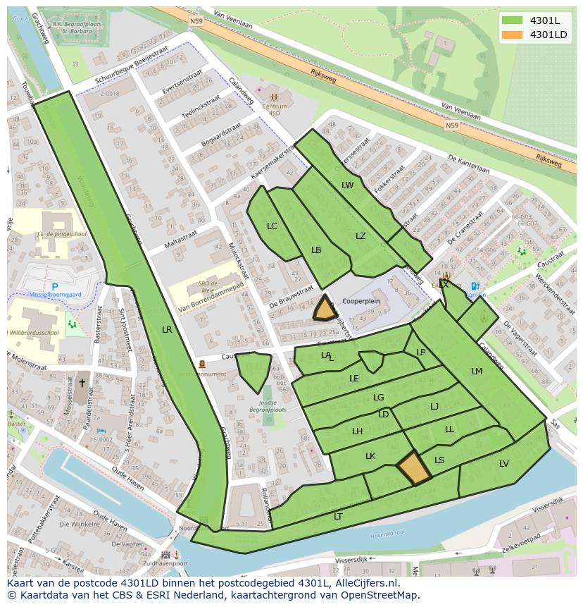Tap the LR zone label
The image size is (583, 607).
[x=167, y=329]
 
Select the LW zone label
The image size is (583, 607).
[x=347, y=185]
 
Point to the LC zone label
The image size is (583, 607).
[x=272, y=226]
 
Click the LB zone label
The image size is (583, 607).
[x=316, y=250]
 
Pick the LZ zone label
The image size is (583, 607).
[x=361, y=236]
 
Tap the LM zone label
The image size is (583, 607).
[x=477, y=372]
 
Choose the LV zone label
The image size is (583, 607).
[x=504, y=463]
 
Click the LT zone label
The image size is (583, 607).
[x=338, y=516]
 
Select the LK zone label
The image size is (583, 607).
[x=370, y=456]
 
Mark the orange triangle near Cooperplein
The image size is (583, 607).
[x=325, y=309]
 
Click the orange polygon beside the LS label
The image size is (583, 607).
[x=413, y=468]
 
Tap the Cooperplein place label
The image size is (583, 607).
[x=361, y=300]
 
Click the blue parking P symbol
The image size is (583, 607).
[x=54, y=287]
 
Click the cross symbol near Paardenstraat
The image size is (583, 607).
[x=82, y=383]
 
